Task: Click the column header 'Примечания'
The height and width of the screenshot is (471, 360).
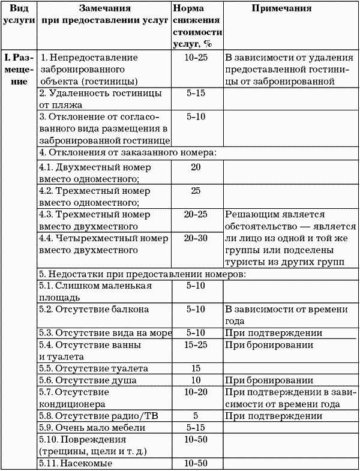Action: (281, 9)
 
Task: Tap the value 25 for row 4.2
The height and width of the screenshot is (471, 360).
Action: (196, 190)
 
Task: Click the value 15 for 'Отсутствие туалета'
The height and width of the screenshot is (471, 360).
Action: (196, 368)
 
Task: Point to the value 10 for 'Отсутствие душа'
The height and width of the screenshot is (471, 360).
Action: (196, 380)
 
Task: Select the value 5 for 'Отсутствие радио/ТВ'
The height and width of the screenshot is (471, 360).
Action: (196, 415)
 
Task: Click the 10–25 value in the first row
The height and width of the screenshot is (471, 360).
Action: (196, 58)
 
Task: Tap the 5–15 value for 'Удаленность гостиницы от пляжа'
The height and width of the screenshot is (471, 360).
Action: (196, 93)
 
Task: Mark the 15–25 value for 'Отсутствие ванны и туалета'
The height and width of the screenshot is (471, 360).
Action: (196, 345)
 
